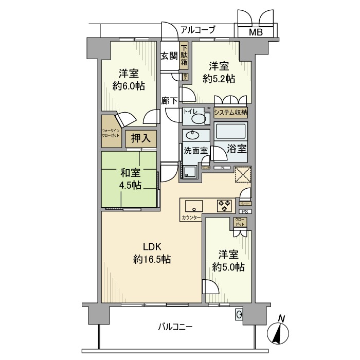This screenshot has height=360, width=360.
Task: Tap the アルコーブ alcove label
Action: [197, 30]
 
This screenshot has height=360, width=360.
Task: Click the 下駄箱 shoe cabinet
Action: [184, 56]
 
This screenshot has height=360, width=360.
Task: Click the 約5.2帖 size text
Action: [219, 79]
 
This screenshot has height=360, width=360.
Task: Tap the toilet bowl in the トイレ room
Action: [197, 119]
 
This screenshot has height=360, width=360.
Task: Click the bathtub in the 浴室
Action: [231, 133]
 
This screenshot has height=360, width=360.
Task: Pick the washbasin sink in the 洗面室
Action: [194, 136]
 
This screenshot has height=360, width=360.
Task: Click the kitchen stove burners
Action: [225, 205]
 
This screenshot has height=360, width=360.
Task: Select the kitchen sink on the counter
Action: [193, 206]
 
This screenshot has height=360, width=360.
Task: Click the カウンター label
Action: [191, 218]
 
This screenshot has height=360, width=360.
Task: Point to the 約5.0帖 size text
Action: [228, 267]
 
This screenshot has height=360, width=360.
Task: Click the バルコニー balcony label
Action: [175, 327]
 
